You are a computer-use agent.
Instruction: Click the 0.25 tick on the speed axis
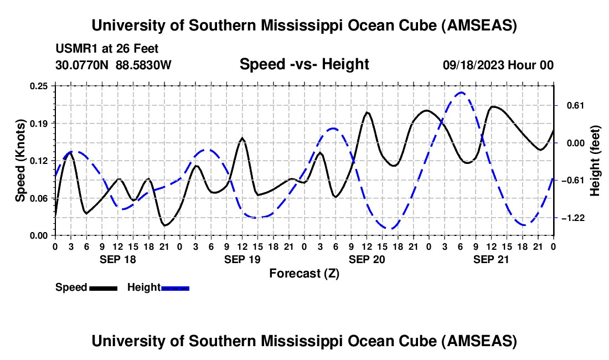40,86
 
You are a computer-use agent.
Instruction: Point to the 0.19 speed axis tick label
40,123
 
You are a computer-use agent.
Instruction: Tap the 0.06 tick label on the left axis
40,198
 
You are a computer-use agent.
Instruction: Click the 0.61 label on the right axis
573,105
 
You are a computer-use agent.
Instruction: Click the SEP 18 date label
117,259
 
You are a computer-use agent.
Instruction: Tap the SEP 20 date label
366,259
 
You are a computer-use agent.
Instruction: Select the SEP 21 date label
491,259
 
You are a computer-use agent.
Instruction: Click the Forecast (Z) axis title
304,273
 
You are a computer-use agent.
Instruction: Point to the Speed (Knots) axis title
20,161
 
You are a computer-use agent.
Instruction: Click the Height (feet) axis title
595,161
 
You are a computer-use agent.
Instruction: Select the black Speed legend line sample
102,287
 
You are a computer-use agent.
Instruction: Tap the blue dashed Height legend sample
175,287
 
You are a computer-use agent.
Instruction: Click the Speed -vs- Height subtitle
304,64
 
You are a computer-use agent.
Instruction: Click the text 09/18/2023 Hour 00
498,65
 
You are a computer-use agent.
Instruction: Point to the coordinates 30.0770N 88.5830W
113,65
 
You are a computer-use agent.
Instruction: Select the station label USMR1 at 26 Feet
107,49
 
